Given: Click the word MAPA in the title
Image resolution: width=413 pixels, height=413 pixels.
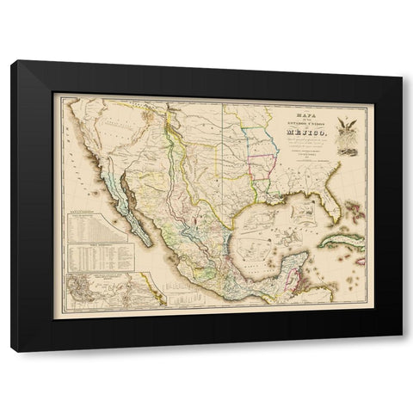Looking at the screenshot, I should click(x=300, y=108).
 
